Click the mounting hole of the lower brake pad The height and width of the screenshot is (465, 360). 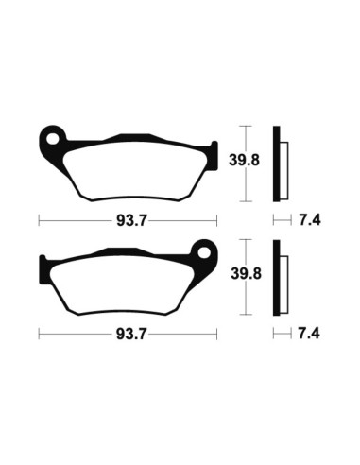tap(200, 253)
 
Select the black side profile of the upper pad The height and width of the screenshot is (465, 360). tap(277, 163)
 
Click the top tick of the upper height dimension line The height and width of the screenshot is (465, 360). tap(246, 124)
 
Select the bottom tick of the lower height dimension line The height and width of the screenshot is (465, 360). tap(246, 315)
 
